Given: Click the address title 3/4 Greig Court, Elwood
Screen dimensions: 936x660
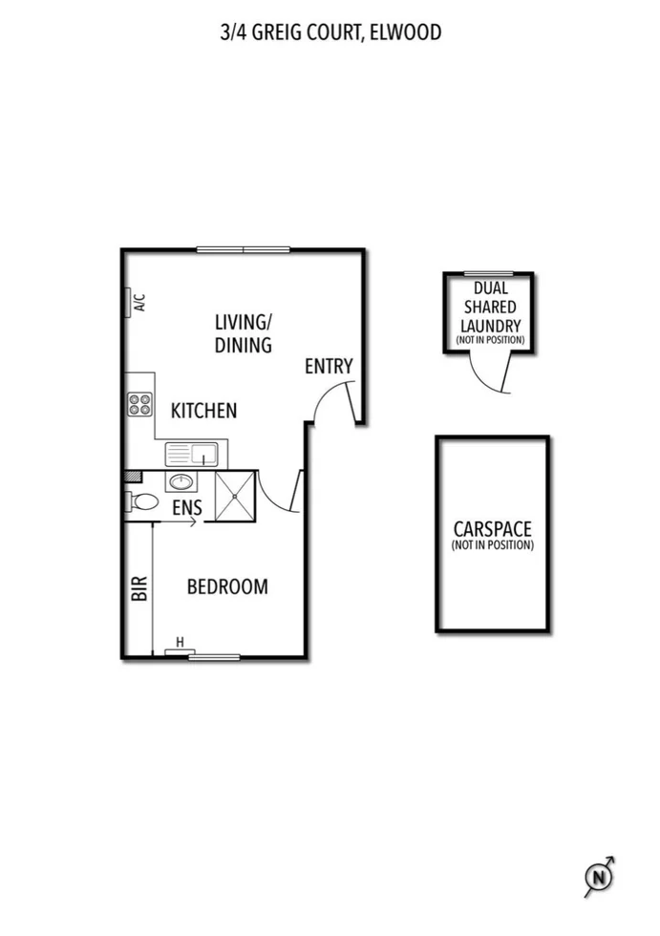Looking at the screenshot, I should pos(330,33).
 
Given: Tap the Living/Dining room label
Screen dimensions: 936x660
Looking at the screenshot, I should pos(244,333).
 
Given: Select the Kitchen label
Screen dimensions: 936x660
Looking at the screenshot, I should pos(203,411).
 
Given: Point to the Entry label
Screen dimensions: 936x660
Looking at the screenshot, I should pos(329,366).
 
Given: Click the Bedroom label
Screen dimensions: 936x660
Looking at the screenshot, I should pos(226,586).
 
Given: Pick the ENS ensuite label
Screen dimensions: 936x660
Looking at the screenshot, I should pos(187,508).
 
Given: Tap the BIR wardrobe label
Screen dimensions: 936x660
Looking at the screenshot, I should pos(138,586).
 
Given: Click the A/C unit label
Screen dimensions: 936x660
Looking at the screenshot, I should pos(138,303).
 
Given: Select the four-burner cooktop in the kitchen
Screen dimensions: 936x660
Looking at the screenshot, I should pos(140,404).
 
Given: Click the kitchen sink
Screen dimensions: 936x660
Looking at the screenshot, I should pos(191,454).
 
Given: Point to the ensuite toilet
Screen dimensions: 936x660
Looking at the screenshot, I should pos(142,501).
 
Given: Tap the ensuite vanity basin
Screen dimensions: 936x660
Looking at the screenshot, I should pos(181,481).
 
